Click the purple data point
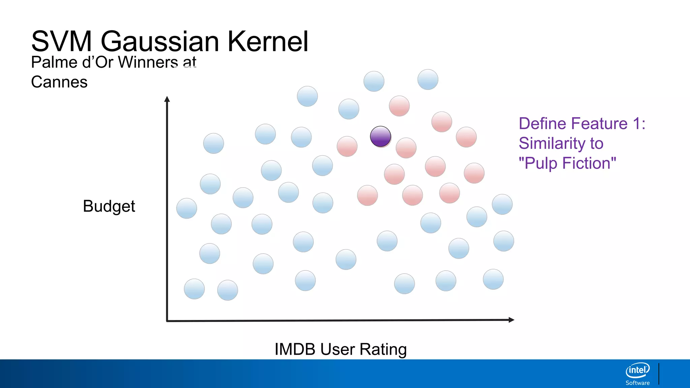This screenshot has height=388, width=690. click(380, 136)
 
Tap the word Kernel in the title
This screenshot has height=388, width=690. click(268, 41)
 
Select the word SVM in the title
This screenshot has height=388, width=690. click(61, 41)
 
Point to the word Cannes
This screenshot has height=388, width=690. click(59, 82)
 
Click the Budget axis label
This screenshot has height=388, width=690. click(109, 206)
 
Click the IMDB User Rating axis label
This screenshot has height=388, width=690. click(341, 349)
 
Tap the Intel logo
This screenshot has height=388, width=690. click(637, 370)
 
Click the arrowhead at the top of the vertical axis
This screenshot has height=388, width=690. click(167, 99)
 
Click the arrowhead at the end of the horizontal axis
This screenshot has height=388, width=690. click(511, 320)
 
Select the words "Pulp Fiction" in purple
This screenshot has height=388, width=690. click(567, 163)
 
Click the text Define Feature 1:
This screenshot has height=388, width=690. click(582, 124)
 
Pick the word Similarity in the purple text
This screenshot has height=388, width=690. click(552, 143)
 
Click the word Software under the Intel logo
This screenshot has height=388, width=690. click(637, 383)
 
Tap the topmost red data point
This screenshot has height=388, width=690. click(399, 106)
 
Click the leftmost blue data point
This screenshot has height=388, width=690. click(187, 208)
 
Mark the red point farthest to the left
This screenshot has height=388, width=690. click(347, 146)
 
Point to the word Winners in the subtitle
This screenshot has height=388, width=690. click(148, 62)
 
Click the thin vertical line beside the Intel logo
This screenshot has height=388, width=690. click(659, 374)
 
